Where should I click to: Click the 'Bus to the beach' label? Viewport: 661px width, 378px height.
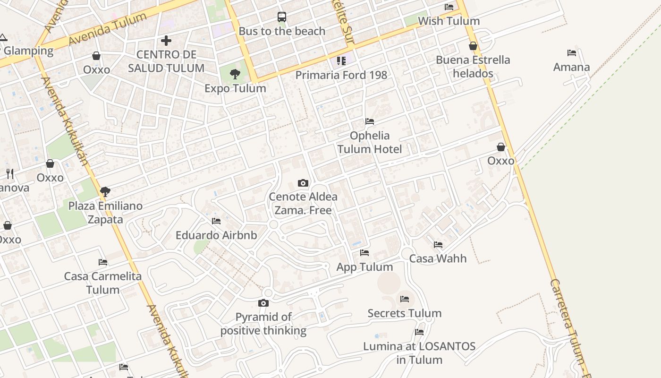pyautogui.click(x=282, y=31)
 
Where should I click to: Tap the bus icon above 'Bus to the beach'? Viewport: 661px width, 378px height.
pyautogui.click(x=282, y=17)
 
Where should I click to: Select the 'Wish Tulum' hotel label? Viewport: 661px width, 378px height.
pyautogui.click(x=449, y=21)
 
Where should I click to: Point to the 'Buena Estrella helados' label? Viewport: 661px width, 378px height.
pyautogui.click(x=473, y=67)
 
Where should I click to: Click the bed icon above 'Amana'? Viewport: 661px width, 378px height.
pyautogui.click(x=572, y=53)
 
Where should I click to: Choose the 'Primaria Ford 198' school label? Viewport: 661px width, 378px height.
pyautogui.click(x=341, y=75)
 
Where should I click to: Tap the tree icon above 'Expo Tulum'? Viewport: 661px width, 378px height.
pyautogui.click(x=235, y=74)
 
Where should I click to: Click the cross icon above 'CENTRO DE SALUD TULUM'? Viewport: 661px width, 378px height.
pyautogui.click(x=166, y=41)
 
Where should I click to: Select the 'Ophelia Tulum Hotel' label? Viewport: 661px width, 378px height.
pyautogui.click(x=369, y=143)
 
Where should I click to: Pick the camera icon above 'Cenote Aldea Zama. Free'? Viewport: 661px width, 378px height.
pyautogui.click(x=303, y=183)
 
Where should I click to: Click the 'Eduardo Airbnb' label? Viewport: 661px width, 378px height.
pyautogui.click(x=216, y=235)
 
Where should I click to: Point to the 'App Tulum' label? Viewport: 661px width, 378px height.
pyautogui.click(x=364, y=267)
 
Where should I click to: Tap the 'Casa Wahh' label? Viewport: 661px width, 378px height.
pyautogui.click(x=438, y=258)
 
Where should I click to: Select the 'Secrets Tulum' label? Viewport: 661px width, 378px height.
pyautogui.click(x=405, y=313)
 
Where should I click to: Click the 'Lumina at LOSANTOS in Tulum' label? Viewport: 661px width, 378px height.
pyautogui.click(x=419, y=353)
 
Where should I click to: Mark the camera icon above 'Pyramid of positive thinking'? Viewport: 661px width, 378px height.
pyautogui.click(x=263, y=303)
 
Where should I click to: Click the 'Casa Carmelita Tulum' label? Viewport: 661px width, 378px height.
pyautogui.click(x=103, y=283)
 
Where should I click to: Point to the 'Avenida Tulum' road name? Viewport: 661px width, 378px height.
pyautogui.click(x=108, y=29)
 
